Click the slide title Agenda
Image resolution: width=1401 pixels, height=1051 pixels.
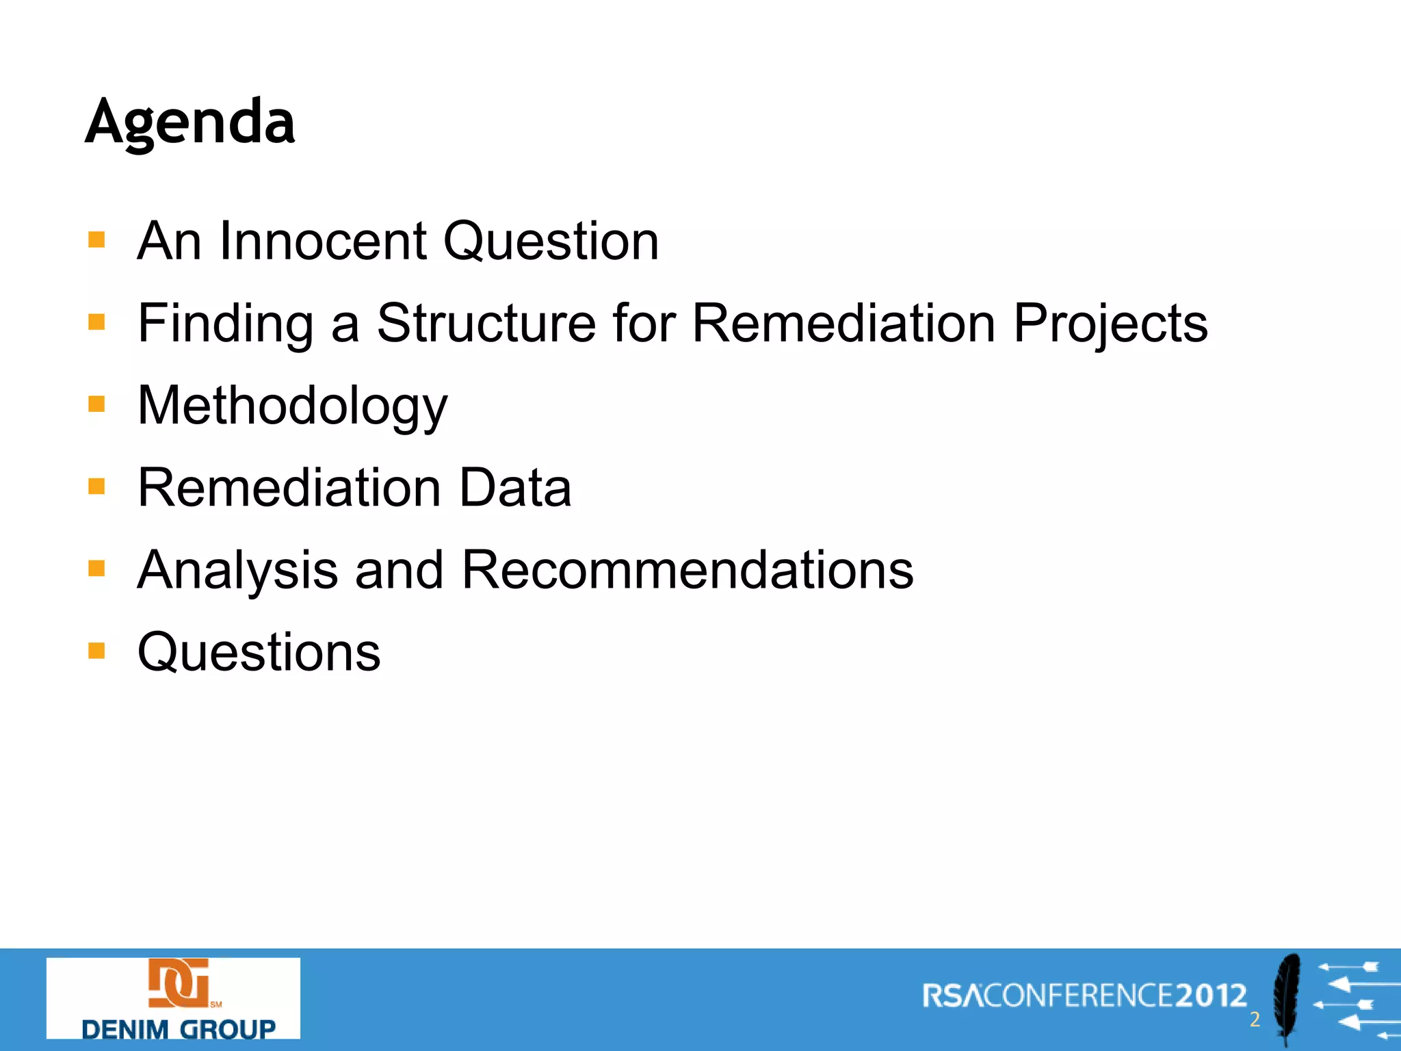click(190, 122)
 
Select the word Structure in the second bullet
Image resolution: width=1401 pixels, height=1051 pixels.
click(486, 323)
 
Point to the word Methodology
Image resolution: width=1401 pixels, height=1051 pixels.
click(292, 406)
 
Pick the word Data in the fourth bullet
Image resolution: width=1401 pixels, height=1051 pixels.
click(515, 488)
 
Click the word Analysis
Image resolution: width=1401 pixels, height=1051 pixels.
click(237, 570)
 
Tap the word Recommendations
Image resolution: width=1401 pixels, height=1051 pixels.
click(688, 570)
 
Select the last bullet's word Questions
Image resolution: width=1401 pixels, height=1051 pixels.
click(259, 652)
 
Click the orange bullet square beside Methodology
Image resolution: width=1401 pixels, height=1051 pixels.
click(96, 404)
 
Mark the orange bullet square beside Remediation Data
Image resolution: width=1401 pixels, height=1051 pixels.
click(96, 486)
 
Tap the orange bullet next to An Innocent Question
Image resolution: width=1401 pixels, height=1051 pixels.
click(96, 240)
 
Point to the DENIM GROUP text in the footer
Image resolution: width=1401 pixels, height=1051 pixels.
click(178, 1028)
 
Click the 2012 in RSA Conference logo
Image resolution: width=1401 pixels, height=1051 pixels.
click(1211, 996)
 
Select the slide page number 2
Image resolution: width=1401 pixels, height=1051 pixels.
click(1255, 1020)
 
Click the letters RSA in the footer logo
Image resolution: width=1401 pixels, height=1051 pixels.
click(952, 996)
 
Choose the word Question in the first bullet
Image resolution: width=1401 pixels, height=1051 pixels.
click(551, 241)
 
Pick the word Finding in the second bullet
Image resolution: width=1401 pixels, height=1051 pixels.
click(226, 323)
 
